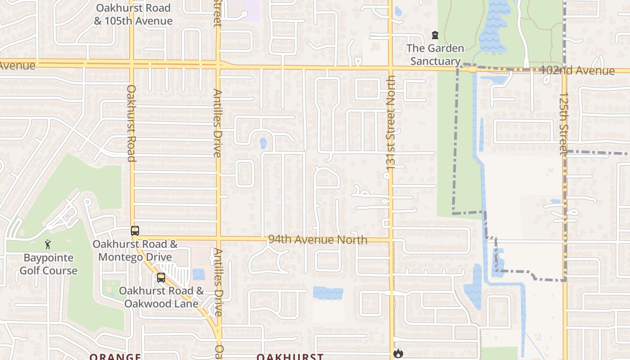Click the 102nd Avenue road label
pyautogui.click(x=577, y=71)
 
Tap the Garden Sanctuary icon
pyautogui.click(x=435, y=35)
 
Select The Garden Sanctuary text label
pyautogui.click(x=435, y=54)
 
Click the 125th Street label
pyautogui.click(x=563, y=124)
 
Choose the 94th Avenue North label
pyautogui.click(x=318, y=239)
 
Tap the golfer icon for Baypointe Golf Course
pyautogui.click(x=48, y=245)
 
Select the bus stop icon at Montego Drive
pyautogui.click(x=135, y=231)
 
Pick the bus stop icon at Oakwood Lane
pyautogui.click(x=161, y=278)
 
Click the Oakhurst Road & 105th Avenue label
pyautogui.click(x=133, y=14)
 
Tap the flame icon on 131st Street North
pyautogui.click(x=398, y=353)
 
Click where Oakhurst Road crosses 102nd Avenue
pyautogui.click(x=132, y=64)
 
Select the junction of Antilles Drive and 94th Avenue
pyautogui.click(x=219, y=238)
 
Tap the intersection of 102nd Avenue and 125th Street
pyautogui.click(x=564, y=71)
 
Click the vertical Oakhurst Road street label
pyautogui.click(x=131, y=123)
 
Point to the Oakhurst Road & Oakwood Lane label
pyautogui.click(x=161, y=297)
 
